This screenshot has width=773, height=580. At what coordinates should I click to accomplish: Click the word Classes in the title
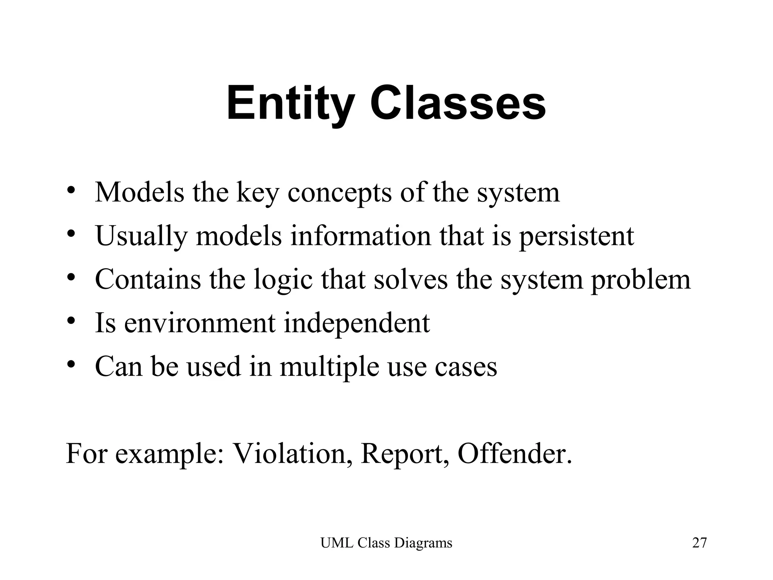click(458, 103)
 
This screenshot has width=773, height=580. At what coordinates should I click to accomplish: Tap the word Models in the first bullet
click(139, 193)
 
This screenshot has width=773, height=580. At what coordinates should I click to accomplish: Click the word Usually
click(141, 236)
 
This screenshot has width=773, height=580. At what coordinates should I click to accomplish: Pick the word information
click(360, 236)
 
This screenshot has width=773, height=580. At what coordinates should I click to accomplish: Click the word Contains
click(148, 279)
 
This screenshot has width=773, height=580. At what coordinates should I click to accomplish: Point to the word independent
click(357, 323)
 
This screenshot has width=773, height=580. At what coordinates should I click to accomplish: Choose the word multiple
click(329, 367)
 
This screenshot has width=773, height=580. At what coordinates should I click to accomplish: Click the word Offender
click(515, 454)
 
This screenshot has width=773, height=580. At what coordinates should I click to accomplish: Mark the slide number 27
click(699, 543)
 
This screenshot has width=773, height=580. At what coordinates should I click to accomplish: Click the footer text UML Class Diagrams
click(386, 543)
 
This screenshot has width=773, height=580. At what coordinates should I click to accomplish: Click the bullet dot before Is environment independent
click(71, 321)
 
